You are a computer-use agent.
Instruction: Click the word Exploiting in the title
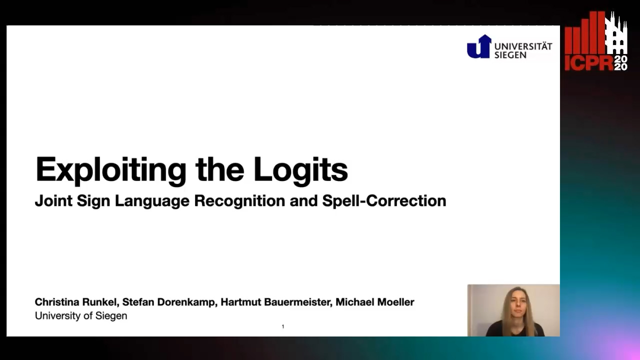point(111,171)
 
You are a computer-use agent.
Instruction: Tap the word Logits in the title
point(300,171)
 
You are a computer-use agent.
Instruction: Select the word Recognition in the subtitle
point(239,201)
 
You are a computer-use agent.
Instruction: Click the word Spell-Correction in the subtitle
point(384,201)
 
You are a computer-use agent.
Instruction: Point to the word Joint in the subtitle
point(53,201)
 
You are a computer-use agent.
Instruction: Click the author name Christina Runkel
point(75,302)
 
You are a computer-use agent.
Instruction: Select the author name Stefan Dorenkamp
point(168,302)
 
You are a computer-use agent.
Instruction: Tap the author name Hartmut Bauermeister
point(275,302)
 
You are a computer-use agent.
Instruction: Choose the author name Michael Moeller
point(375,302)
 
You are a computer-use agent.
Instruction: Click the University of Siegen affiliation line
point(81,315)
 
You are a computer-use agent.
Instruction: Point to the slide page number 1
point(283,326)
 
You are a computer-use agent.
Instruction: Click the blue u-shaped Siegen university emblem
point(479,47)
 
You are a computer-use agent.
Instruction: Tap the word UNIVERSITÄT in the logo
point(523,46)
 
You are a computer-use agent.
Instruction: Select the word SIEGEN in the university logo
point(510,55)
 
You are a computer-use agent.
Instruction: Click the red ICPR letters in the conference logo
point(589,63)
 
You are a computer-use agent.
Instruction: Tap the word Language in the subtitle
point(152,201)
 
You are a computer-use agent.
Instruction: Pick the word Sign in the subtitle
point(93,201)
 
